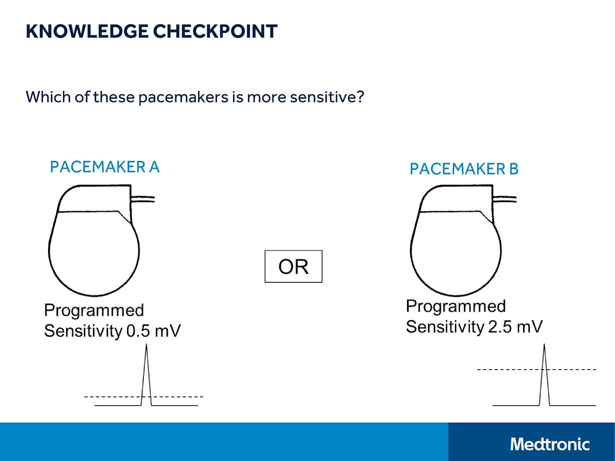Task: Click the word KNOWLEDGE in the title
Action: point(87,32)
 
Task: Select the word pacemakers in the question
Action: point(183,98)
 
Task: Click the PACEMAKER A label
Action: point(105,167)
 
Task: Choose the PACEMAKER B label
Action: point(464,169)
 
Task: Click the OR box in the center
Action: point(293,267)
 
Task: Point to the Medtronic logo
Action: point(550,444)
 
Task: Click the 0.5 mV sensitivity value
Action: point(153,331)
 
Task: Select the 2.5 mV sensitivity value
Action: point(515,327)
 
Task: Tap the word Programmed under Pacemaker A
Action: point(94,310)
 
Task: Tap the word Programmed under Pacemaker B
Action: point(456,307)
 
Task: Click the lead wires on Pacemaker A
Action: point(143,199)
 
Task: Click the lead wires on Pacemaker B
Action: point(505,199)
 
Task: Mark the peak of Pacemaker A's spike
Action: point(146,345)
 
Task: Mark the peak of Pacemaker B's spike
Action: point(544,345)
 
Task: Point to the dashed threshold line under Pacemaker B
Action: point(507,370)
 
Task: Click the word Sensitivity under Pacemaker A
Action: point(83,331)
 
